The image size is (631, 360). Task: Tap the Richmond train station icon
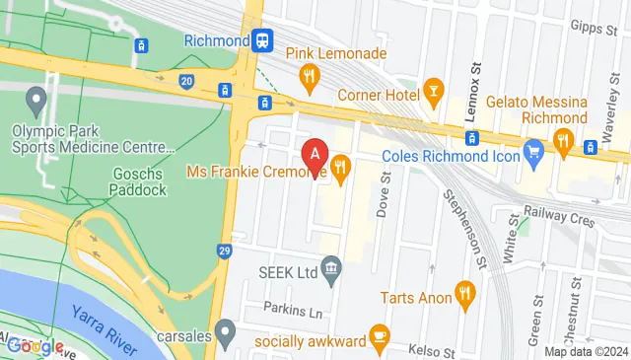pyautogui.click(x=262, y=40)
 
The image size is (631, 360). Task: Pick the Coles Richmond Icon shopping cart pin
pyautogui.click(x=534, y=152)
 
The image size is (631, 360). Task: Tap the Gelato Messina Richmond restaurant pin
pyautogui.click(x=563, y=140)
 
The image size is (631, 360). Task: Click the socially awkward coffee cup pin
pyautogui.click(x=378, y=336)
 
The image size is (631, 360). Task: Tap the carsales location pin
pyautogui.click(x=227, y=330)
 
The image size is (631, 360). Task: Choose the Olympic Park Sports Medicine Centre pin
pyautogui.click(x=37, y=98)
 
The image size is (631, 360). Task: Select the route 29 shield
pyautogui.click(x=225, y=252)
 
